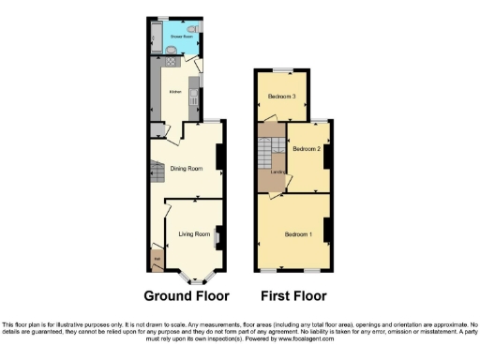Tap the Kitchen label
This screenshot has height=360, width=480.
(174, 92)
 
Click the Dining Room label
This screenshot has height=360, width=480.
(186, 169)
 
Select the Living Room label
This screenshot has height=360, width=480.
(192, 234)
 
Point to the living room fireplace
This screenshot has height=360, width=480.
(217, 238)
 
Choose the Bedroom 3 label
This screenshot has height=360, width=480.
(281, 97)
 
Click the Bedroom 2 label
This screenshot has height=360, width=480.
(307, 149)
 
